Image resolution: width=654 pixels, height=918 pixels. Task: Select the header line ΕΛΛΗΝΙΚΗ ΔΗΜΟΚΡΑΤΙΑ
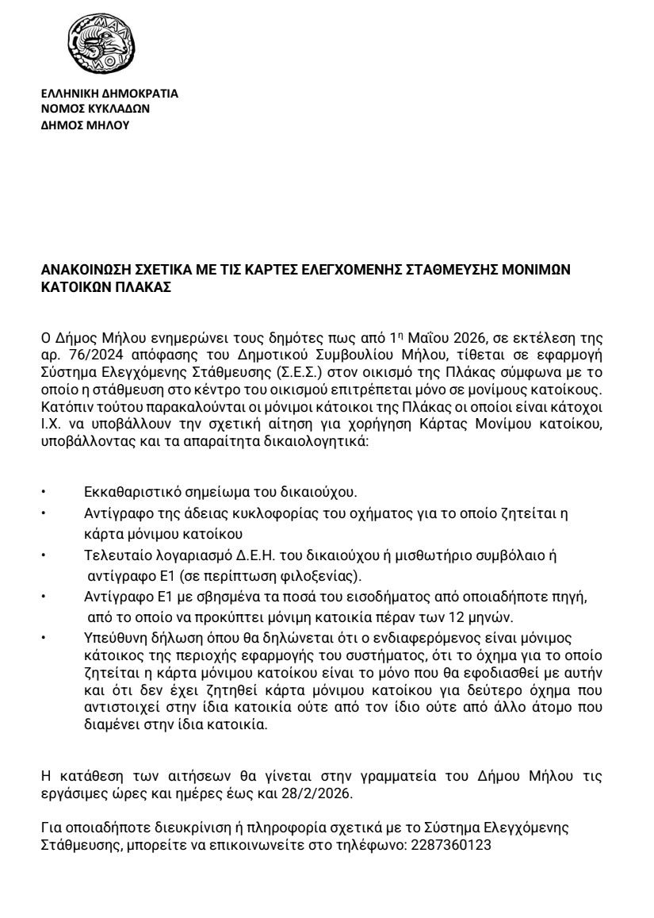click(x=109, y=93)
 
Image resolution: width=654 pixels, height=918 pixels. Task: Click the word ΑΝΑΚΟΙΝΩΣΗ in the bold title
click(x=85, y=271)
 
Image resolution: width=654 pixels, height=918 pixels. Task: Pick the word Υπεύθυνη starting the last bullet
click(x=110, y=638)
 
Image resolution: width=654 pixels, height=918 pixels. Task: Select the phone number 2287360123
click(x=451, y=845)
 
